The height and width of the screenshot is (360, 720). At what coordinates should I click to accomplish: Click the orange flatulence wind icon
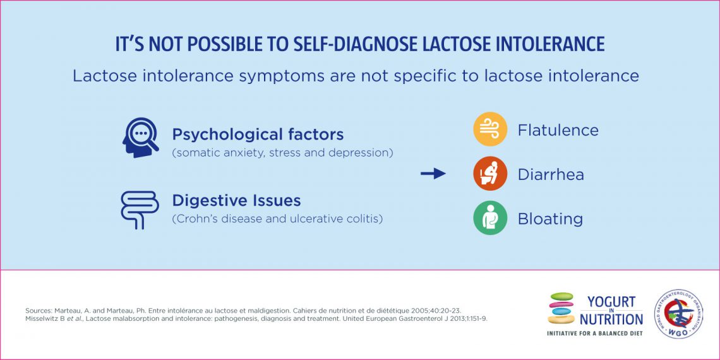coord(490,129)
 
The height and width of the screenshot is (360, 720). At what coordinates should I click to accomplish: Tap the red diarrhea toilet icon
coord(490,174)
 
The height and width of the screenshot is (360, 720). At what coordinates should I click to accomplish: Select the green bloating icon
coord(490,218)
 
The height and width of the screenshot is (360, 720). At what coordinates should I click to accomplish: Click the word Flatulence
coord(558,130)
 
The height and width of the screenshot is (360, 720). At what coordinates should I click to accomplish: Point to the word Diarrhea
coord(550,174)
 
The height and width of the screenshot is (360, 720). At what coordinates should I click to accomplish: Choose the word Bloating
coord(549,219)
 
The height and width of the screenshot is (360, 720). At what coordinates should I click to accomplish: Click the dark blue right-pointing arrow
coord(433,174)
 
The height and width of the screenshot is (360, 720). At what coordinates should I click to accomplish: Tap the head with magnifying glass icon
coord(140,138)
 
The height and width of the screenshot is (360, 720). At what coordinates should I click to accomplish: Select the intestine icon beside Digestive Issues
coord(140,210)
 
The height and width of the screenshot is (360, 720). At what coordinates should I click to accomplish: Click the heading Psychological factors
coord(258,135)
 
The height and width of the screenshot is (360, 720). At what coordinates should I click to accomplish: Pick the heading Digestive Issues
coord(236,201)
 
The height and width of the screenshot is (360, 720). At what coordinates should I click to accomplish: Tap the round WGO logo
coord(678,314)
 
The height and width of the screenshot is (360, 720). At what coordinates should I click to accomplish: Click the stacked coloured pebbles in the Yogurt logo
coord(561,308)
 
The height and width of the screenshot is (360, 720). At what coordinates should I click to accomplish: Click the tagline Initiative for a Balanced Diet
coord(594,333)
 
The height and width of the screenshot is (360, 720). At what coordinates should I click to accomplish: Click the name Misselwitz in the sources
coord(45,318)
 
